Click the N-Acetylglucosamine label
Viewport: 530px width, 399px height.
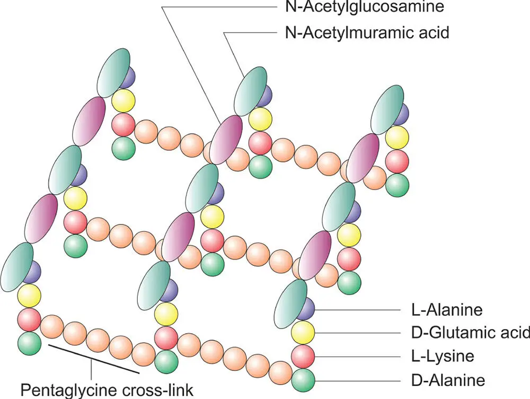tap(364, 7)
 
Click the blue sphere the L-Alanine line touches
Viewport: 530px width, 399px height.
tap(305, 308)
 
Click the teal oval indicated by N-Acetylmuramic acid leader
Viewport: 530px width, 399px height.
tap(249, 91)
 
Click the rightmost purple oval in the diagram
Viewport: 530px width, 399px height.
tap(363, 154)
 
